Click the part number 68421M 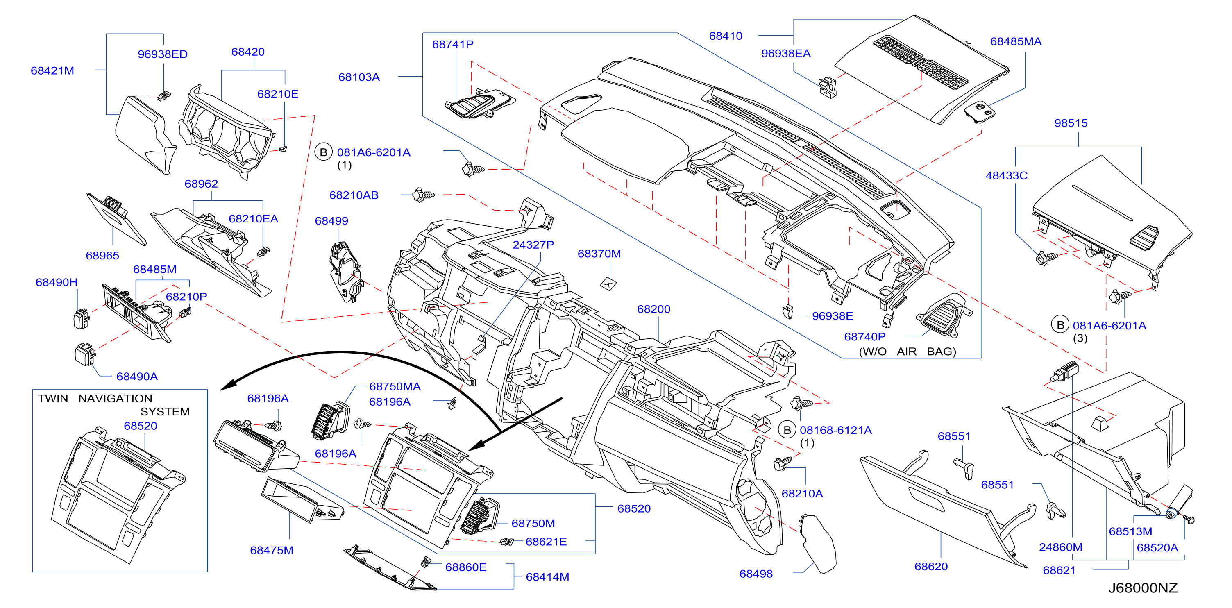52,71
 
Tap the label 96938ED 163,54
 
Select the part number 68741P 452,45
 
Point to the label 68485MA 1015,42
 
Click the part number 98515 1071,123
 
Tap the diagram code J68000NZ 1143,588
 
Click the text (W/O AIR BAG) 907,352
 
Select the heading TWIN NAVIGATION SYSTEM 114,405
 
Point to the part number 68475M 272,550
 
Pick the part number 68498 756,574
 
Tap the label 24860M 1060,547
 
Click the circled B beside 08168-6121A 787,430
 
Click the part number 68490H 57,282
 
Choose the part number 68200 653,309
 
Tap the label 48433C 1006,176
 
